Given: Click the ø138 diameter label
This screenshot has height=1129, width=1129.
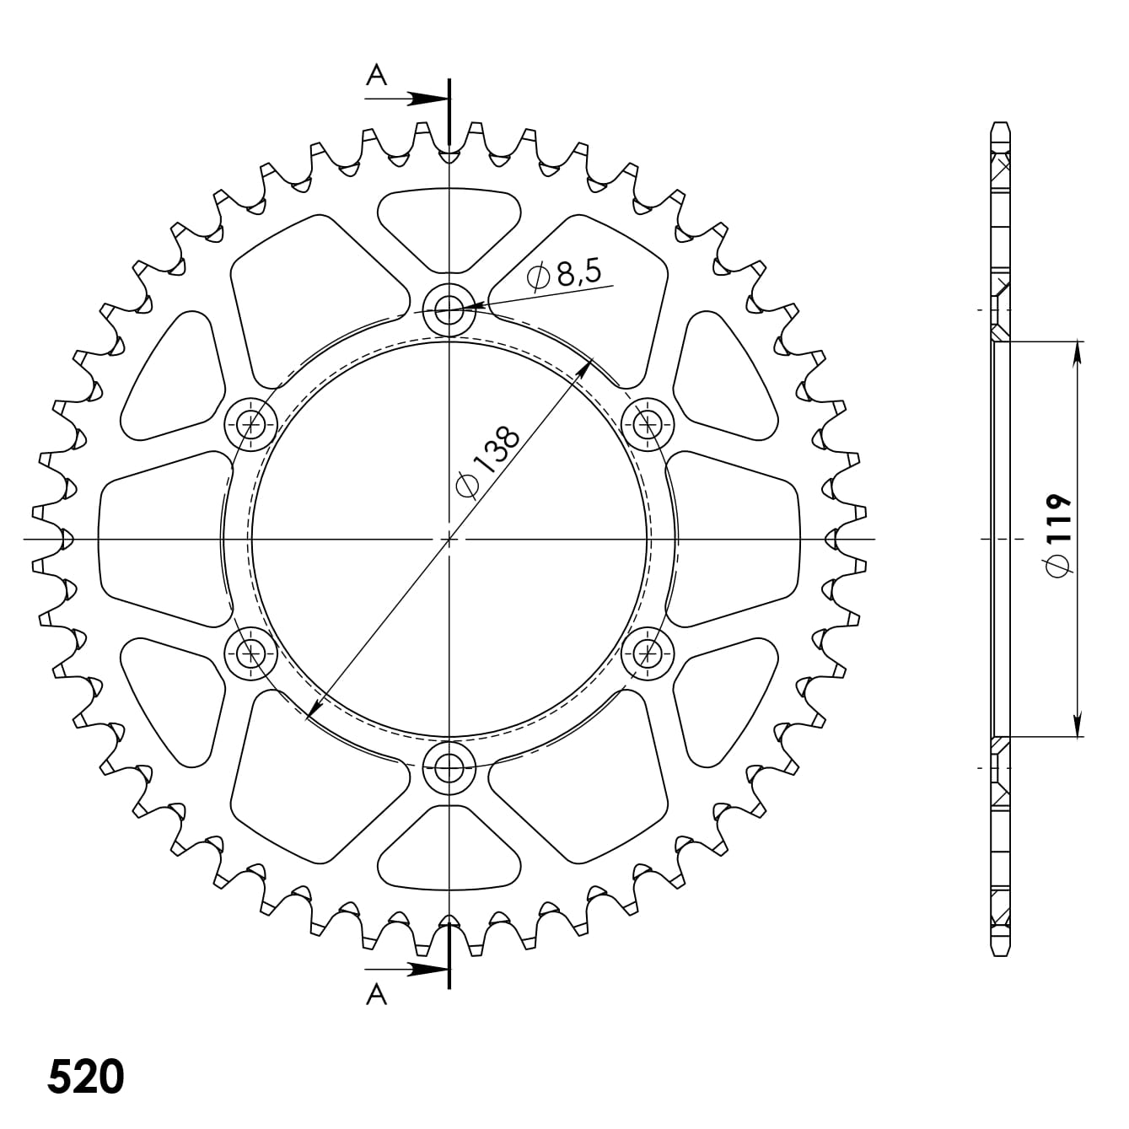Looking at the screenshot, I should click(487, 463).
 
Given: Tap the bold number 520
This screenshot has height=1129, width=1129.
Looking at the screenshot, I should click(86, 1077).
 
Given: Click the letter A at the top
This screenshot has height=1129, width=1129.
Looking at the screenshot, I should click(376, 76).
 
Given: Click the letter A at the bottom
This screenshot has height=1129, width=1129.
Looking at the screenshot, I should click(376, 996).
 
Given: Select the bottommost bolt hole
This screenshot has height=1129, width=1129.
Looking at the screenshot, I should click(449, 766).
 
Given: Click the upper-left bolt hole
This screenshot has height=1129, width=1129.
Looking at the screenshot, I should click(251, 423).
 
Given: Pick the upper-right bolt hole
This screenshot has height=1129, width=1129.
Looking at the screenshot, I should click(648, 423).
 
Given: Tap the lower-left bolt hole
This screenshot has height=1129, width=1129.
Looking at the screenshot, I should click(251, 652).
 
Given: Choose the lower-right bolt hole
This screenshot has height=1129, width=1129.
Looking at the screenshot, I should click(648, 652).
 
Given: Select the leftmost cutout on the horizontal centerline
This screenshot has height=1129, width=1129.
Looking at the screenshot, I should click(160, 538).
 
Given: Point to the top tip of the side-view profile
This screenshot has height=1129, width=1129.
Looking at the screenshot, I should click(1000, 124).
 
